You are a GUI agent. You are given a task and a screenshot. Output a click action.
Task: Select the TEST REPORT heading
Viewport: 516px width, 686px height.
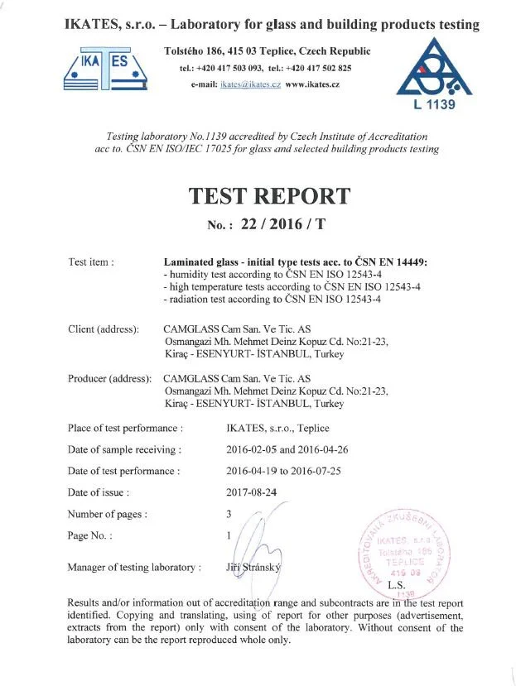pyautogui.click(x=269, y=196)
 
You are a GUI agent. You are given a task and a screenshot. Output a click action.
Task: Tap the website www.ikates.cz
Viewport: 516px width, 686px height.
pyautogui.click(x=312, y=84)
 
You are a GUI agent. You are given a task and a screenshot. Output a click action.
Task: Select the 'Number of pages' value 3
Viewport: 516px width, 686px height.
pyautogui.click(x=229, y=514)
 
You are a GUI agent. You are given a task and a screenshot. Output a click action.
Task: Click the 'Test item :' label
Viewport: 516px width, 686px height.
pyautogui.click(x=91, y=262)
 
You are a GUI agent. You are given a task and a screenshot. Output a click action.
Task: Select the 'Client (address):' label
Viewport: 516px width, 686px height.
pyautogui.click(x=104, y=329)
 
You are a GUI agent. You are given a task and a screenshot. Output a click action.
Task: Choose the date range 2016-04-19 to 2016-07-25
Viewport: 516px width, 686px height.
pyautogui.click(x=290, y=471)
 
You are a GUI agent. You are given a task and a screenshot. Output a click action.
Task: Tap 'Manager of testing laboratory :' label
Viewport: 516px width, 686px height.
pyautogui.click(x=134, y=567)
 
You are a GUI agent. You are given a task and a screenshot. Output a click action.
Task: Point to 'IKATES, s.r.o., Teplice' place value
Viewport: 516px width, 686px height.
pyautogui.click(x=277, y=428)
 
